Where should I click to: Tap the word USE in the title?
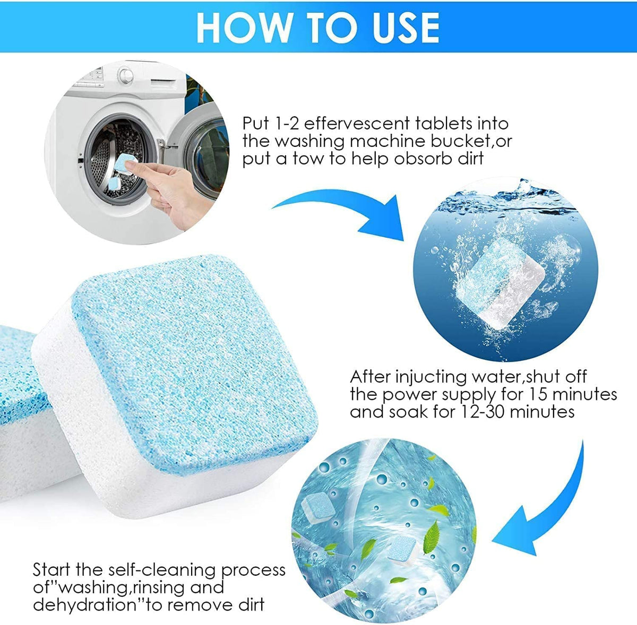pyautogui.click(x=402, y=27)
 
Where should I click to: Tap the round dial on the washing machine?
pyautogui.click(x=126, y=74)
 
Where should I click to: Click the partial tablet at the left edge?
pyautogui.click(x=16, y=414)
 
